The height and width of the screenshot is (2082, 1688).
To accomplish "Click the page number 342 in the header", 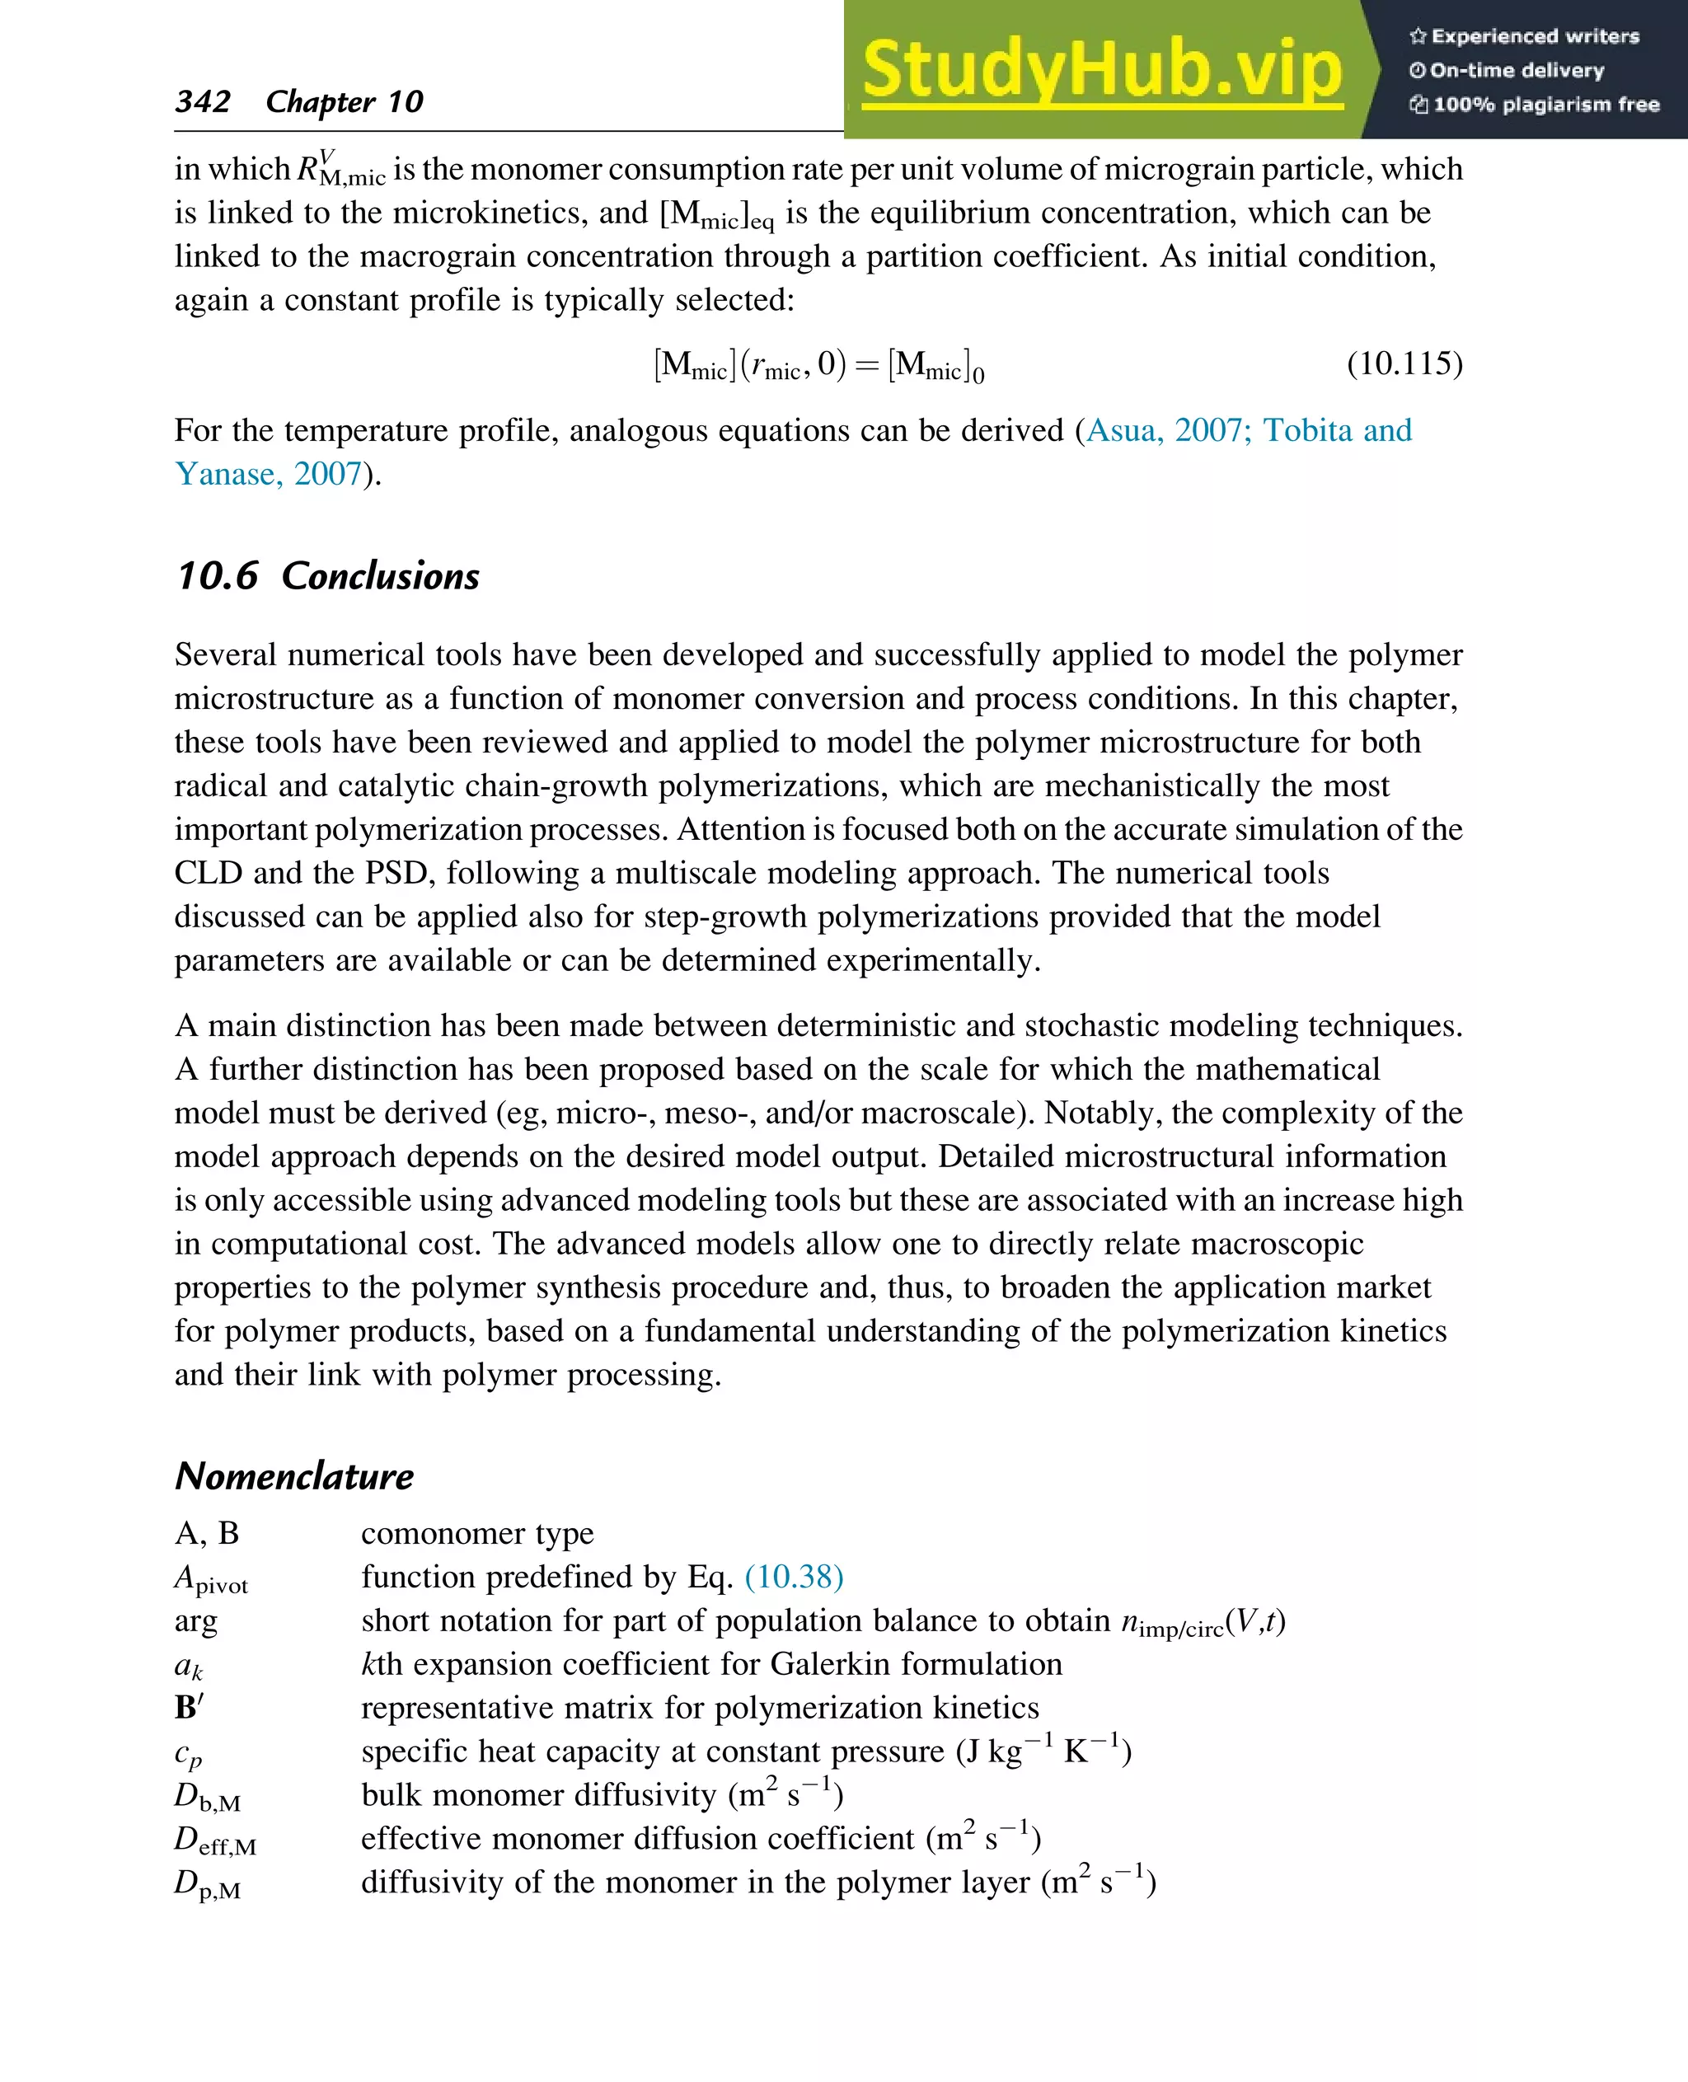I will [x=202, y=101].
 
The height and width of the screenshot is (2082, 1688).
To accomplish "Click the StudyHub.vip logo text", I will [x=1102, y=70].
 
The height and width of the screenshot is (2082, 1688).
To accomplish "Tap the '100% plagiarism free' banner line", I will [x=1536, y=104].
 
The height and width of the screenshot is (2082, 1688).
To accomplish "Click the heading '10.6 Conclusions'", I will [x=328, y=575].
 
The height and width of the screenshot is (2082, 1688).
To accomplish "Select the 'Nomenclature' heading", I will [x=293, y=1476].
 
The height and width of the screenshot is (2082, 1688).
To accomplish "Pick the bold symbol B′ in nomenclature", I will [x=189, y=1708].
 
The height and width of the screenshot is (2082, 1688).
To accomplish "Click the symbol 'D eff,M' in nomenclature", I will [x=215, y=1840].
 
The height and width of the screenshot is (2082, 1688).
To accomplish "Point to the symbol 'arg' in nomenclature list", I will [x=195, y=1622].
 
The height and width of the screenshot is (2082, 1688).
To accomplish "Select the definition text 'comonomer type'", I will [x=476, y=1534].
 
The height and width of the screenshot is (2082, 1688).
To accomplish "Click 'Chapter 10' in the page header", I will [x=345, y=101].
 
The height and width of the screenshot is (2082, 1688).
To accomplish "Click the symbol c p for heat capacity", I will [x=188, y=1753].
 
